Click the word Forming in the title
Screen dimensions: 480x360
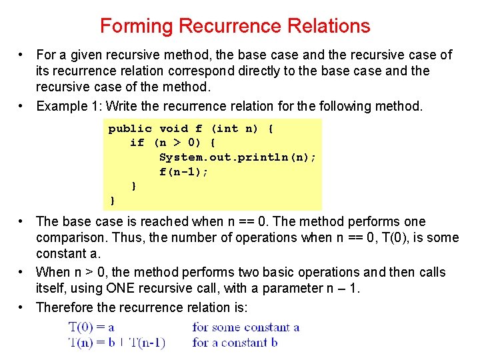(x=137, y=27)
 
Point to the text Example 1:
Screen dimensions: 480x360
(x=69, y=106)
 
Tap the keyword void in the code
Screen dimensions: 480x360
(x=173, y=128)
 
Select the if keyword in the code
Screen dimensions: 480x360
(x=137, y=143)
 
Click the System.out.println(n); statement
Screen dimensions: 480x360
(x=237, y=157)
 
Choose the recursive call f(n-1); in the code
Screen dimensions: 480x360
(x=183, y=172)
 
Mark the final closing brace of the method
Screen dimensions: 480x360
(x=113, y=201)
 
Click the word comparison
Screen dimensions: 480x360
(x=72, y=238)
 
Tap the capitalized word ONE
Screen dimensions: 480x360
(x=120, y=288)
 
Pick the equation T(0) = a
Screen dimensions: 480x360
(x=91, y=327)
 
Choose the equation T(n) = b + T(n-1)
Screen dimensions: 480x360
(x=117, y=342)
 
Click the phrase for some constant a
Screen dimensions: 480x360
(x=246, y=327)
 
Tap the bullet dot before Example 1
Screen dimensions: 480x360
(x=20, y=106)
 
